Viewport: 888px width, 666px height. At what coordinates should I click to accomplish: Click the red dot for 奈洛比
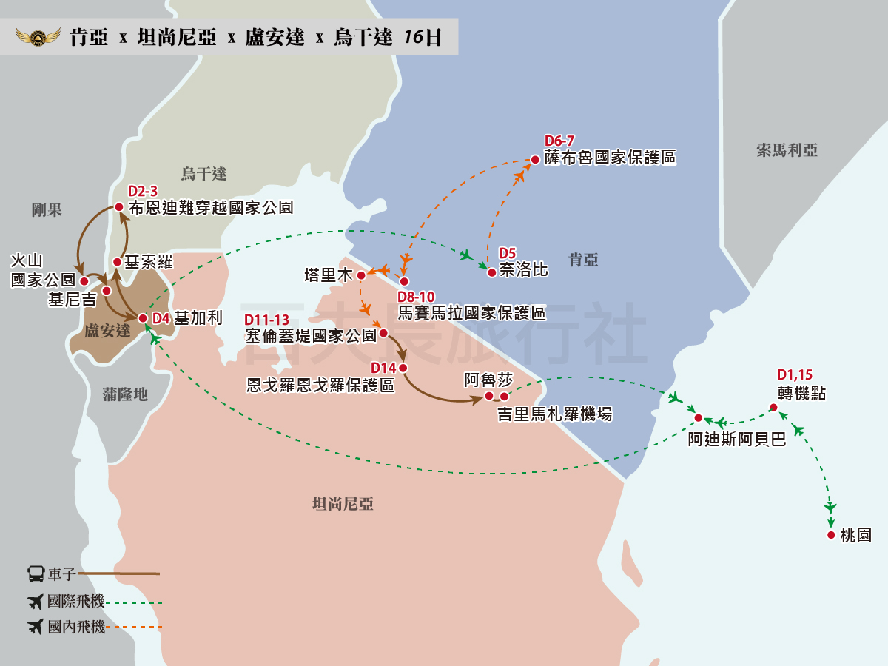(x=491, y=272)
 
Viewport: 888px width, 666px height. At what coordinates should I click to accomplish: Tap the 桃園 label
(x=855, y=536)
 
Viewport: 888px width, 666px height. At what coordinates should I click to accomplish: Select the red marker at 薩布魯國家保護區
(x=535, y=159)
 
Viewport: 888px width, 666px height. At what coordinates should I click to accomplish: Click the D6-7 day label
(x=559, y=141)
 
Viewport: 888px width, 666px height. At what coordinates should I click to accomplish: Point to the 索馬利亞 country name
(x=787, y=151)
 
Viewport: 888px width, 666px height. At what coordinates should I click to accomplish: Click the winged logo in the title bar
(x=36, y=37)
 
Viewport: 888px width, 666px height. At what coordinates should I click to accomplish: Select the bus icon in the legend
(x=36, y=573)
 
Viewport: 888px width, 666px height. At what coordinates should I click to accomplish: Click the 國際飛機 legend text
(x=75, y=602)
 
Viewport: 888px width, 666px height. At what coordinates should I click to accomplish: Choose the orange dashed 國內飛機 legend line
(x=135, y=628)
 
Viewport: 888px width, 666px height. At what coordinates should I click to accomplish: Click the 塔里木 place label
(x=327, y=275)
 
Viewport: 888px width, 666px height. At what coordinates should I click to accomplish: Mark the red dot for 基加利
(x=143, y=318)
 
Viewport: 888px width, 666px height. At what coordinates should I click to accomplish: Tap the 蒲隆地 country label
(x=125, y=394)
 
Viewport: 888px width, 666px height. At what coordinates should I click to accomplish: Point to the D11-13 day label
(x=267, y=320)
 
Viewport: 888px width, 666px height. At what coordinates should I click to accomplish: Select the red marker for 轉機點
(x=773, y=407)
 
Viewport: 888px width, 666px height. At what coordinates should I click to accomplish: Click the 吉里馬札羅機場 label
(x=554, y=414)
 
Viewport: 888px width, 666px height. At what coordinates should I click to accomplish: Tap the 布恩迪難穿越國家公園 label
(x=210, y=208)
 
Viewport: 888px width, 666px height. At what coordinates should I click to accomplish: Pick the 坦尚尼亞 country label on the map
(x=343, y=505)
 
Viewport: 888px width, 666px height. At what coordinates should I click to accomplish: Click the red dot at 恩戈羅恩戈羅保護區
(x=403, y=368)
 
